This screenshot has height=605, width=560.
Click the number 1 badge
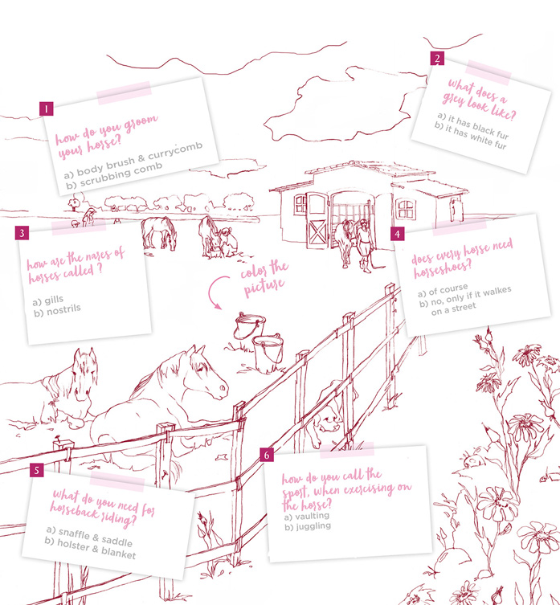pyautogui.click(x=47, y=108)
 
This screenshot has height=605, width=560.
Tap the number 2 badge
pyautogui.click(x=436, y=59)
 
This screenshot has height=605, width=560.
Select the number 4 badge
pyautogui.click(x=397, y=234)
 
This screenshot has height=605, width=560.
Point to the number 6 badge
pyautogui.click(x=267, y=456)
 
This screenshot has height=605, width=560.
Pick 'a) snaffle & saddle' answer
pyautogui.click(x=90, y=530)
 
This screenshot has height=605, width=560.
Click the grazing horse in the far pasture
pyautogui.click(x=158, y=233)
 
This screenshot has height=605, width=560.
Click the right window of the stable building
pyautogui.click(x=407, y=210)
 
